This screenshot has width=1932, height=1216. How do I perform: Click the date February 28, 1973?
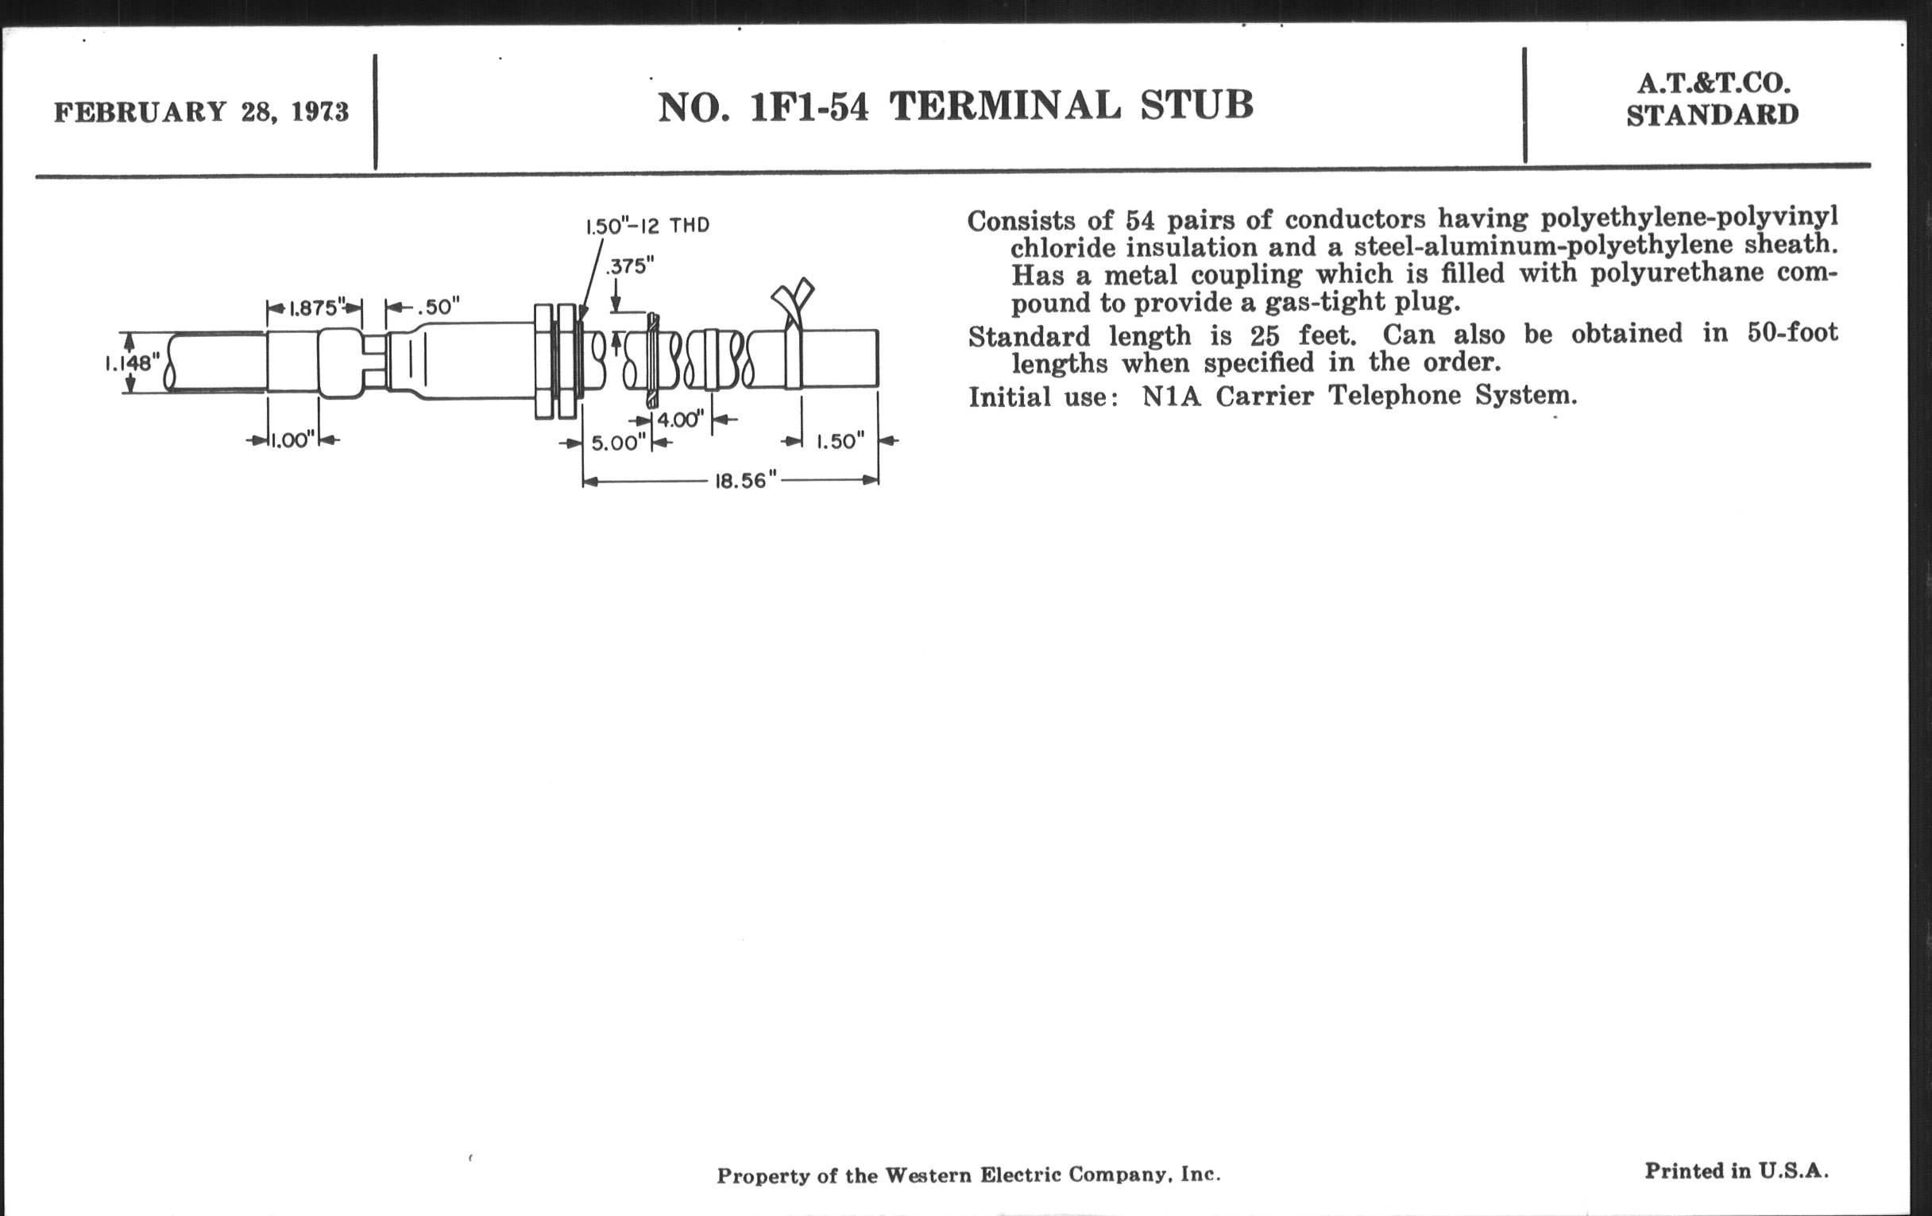(202, 111)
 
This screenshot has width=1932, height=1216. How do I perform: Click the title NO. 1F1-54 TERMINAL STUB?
(956, 106)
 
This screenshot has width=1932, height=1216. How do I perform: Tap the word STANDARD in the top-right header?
(1712, 115)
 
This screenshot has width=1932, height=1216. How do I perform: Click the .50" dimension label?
(438, 307)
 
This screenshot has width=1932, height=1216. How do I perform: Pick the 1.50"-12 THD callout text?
(647, 226)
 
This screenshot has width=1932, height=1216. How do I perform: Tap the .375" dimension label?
(630, 265)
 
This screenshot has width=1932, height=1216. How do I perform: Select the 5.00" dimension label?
(619, 443)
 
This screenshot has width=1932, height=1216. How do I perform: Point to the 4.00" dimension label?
(680, 419)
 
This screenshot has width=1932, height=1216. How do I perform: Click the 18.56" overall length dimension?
(746, 481)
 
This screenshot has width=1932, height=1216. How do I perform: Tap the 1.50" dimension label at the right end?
(840, 441)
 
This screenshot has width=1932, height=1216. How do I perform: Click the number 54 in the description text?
(1140, 219)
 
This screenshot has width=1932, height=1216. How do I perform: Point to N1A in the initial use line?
(1172, 396)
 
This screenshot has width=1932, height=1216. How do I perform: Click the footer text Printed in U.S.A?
(1737, 1171)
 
